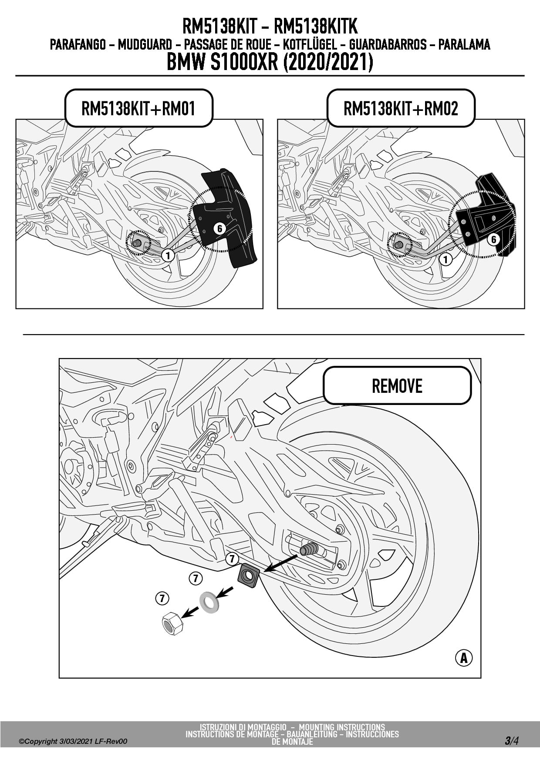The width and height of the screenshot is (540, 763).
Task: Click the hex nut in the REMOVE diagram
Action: [172, 623]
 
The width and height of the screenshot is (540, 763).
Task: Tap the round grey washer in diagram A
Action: [209, 602]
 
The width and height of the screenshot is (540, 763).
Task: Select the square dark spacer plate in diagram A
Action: [248, 576]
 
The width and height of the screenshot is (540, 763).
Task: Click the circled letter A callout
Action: [464, 657]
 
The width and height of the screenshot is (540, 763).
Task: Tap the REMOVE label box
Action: [397, 386]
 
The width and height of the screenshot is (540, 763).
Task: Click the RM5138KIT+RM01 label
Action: [138, 108]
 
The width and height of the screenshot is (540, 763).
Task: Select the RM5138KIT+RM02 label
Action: [401, 108]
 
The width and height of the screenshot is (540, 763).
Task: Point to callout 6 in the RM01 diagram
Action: [219, 228]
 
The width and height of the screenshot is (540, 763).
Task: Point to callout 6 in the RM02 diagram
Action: [493, 239]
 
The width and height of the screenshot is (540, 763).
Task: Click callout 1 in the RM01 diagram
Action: [168, 255]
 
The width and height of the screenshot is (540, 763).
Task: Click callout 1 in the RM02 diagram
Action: [445, 260]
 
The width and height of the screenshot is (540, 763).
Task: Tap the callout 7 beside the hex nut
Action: [162, 599]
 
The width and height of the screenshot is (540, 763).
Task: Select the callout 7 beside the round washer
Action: [196, 579]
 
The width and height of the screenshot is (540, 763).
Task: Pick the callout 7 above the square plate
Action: [232, 559]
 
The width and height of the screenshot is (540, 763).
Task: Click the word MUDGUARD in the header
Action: [145, 44]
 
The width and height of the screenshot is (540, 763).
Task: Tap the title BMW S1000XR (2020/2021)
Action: [270, 62]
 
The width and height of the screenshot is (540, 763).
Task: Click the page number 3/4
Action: [511, 740]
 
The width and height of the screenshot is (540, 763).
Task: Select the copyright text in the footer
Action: [73, 741]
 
